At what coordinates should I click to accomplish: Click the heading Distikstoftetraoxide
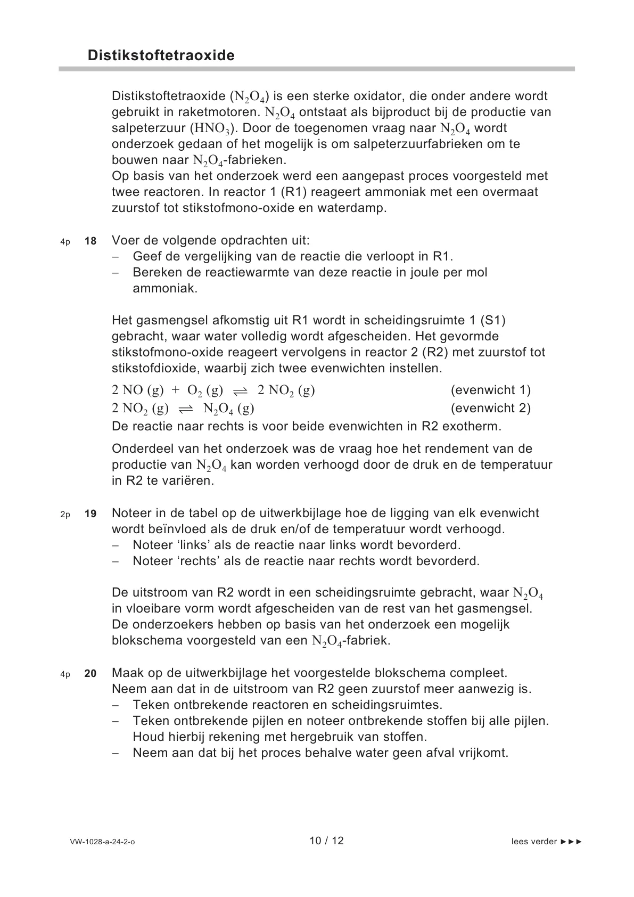[161, 56]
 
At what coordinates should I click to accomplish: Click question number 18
[90, 241]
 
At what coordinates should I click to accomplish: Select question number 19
[90, 514]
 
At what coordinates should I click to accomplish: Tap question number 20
[90, 674]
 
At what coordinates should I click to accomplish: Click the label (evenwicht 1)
[490, 390]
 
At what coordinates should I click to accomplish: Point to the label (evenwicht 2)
[490, 409]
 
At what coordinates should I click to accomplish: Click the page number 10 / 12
[326, 841]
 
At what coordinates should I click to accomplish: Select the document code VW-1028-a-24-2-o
[102, 842]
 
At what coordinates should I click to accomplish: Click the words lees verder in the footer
[534, 842]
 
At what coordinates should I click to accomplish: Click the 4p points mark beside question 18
[65, 242]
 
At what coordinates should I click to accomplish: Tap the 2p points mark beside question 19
[65, 515]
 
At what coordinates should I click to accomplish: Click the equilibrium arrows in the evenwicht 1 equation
[240, 391]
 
